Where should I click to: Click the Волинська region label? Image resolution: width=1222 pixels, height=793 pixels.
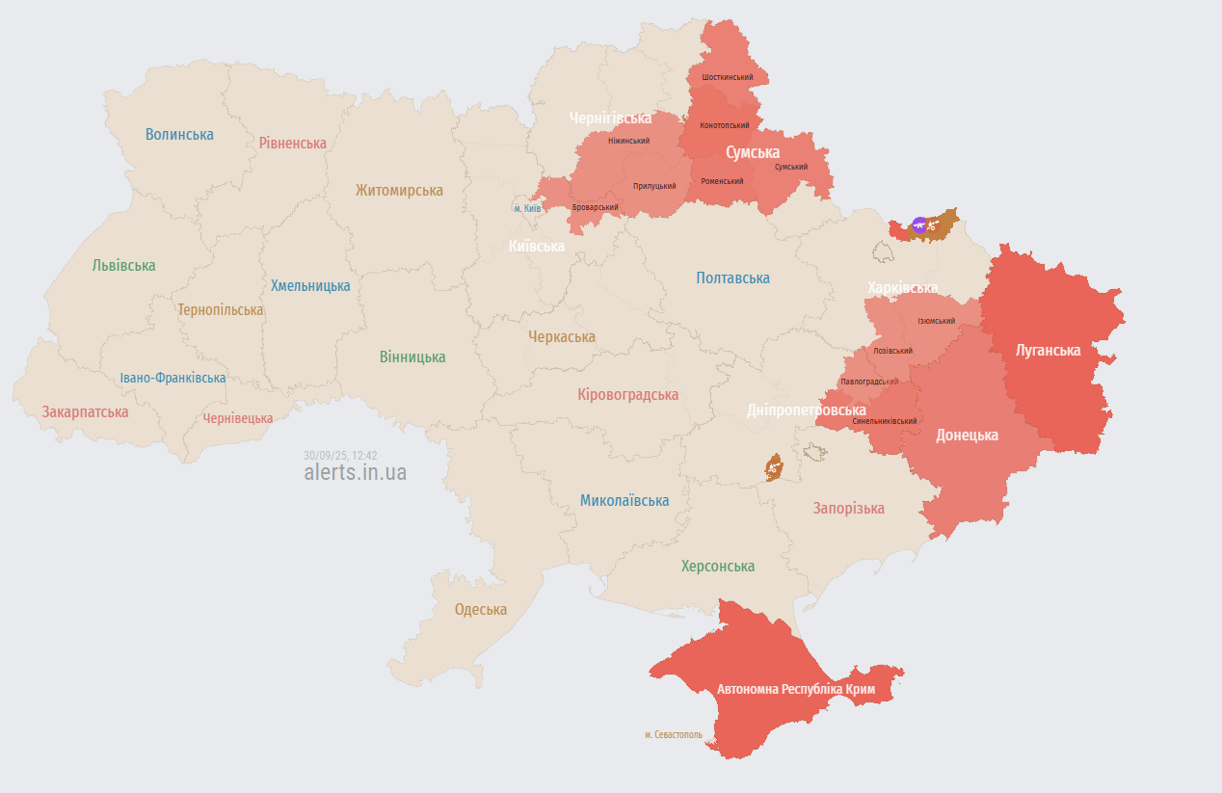(179, 134)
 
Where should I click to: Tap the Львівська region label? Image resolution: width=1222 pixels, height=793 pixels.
(123, 265)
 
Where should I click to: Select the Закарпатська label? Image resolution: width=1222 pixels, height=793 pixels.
(85, 411)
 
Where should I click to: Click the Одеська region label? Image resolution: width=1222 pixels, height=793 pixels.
(480, 609)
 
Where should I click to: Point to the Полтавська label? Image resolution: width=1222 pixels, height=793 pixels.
(732, 278)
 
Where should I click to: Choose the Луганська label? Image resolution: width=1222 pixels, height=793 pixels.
(1048, 350)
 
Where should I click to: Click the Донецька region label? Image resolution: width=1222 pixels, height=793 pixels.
(967, 435)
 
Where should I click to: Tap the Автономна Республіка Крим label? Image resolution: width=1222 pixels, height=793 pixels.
(795, 689)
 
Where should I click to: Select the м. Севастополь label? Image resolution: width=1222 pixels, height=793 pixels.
(674, 734)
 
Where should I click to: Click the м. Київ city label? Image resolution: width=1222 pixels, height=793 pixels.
(527, 208)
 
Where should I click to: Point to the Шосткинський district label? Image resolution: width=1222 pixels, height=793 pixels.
(728, 76)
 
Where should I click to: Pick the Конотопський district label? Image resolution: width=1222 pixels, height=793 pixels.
(724, 125)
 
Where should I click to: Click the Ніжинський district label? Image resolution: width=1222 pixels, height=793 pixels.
(628, 141)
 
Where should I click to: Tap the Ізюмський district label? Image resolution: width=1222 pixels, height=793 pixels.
(936, 321)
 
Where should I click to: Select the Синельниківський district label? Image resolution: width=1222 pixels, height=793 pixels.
(884, 421)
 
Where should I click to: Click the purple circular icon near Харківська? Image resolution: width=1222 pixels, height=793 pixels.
(919, 225)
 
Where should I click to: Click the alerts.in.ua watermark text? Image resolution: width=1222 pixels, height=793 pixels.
(355, 472)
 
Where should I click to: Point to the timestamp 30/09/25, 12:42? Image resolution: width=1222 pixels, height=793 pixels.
(340, 455)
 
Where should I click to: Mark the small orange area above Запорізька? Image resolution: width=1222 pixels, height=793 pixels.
(774, 467)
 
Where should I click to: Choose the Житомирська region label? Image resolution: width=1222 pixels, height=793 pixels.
(399, 190)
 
